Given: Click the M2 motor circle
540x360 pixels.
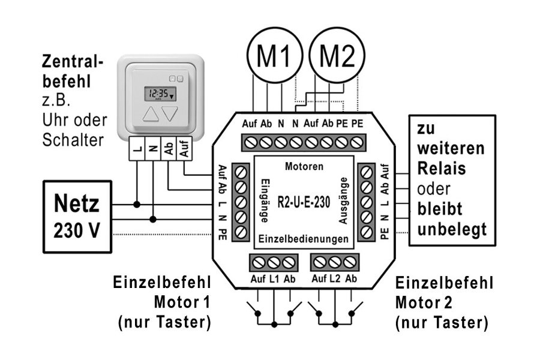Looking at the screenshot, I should [340, 58].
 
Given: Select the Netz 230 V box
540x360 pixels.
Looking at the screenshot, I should [77, 216].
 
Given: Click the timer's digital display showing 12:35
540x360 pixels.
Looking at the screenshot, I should [159, 94].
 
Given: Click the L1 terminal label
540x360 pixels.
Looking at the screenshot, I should [274, 279].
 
